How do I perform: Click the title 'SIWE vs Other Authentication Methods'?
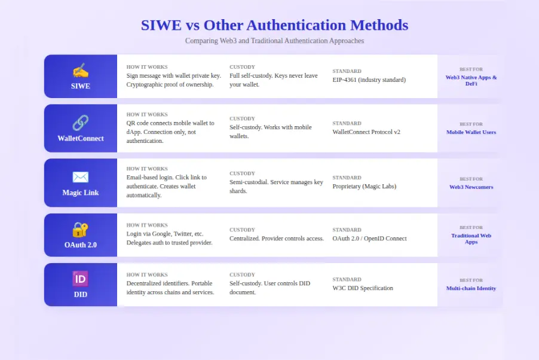click(274, 25)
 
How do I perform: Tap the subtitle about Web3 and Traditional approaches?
click(274, 41)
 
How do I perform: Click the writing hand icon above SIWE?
click(81, 71)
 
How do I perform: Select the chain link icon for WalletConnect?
click(81, 123)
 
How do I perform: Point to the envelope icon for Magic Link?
click(81, 177)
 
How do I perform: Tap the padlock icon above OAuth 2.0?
click(81, 229)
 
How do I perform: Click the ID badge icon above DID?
click(81, 279)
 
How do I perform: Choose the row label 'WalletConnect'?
click(81, 138)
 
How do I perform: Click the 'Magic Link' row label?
click(81, 193)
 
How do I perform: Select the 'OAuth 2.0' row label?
click(81, 245)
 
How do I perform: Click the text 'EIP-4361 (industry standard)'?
click(369, 80)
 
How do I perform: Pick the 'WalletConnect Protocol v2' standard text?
click(366, 132)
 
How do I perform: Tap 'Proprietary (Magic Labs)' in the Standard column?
click(364, 186)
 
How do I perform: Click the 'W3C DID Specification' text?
click(363, 288)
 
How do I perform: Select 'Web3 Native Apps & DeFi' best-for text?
click(471, 80)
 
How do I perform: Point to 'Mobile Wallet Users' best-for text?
click(471, 132)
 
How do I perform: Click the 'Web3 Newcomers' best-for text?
click(471, 187)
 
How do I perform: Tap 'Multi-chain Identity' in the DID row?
click(471, 288)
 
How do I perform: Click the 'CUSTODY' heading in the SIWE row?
click(242, 67)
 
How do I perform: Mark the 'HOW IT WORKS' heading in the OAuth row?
click(147, 225)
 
